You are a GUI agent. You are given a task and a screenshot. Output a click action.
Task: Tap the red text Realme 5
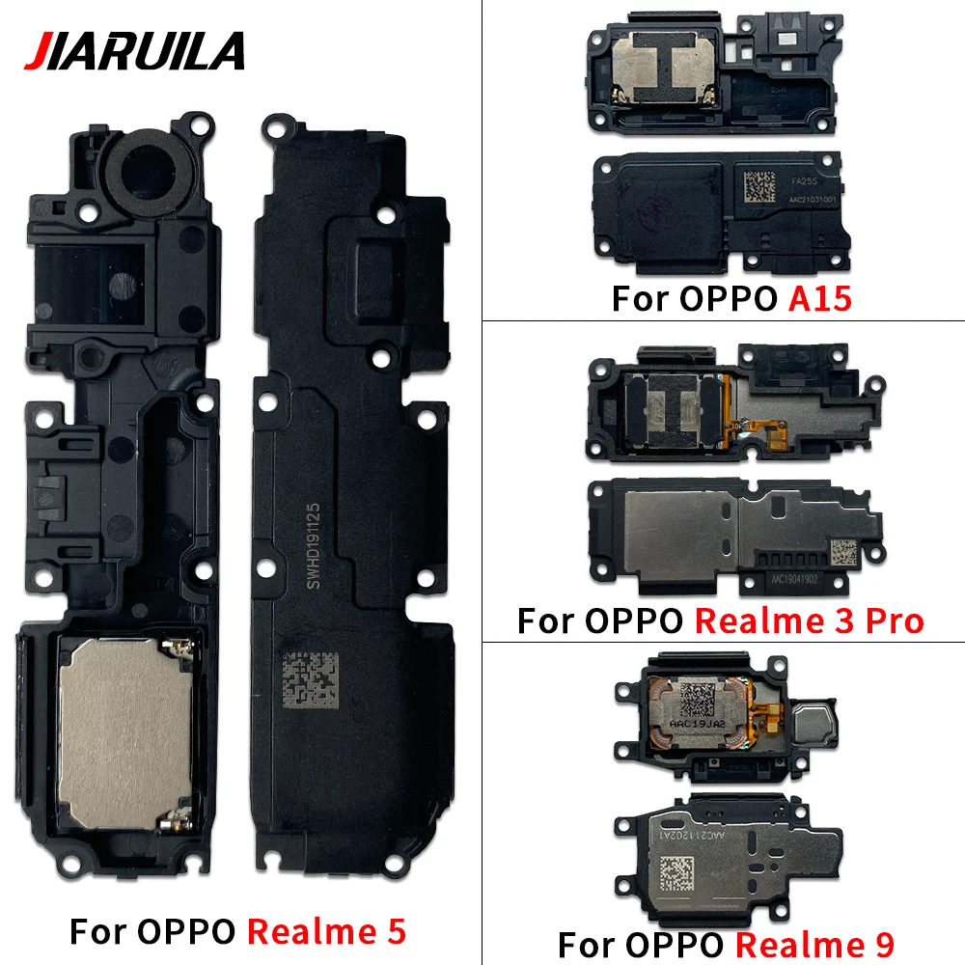point(326,931)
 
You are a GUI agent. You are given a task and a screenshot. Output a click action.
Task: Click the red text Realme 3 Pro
point(810,620)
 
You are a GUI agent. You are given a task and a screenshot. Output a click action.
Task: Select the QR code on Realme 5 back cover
point(309,682)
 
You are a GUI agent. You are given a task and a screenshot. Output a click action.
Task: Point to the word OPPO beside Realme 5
point(190,931)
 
